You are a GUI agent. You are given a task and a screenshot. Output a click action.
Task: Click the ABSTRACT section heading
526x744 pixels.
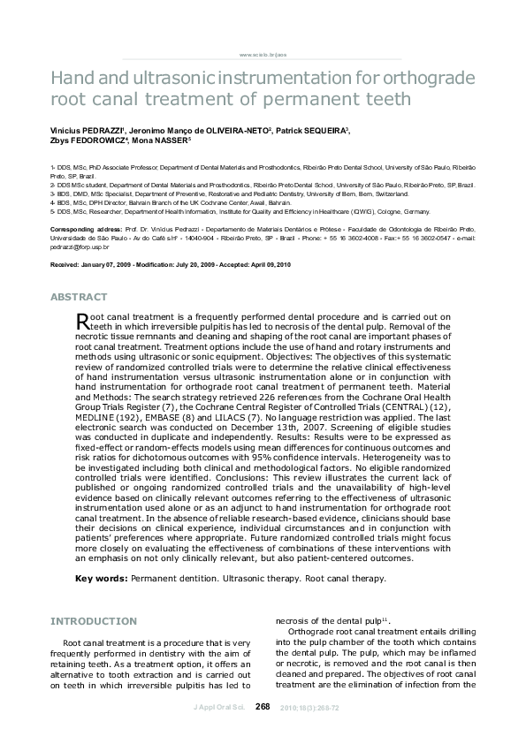[x=80, y=297]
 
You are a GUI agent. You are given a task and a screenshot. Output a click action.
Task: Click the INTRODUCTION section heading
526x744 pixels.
[x=94, y=621]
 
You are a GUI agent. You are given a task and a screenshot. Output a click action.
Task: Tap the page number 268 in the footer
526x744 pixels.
[x=263, y=706]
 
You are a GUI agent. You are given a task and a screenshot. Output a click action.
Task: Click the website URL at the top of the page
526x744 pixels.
[x=263, y=54]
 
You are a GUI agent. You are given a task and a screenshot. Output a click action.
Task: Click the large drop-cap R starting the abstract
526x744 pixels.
[x=83, y=322]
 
